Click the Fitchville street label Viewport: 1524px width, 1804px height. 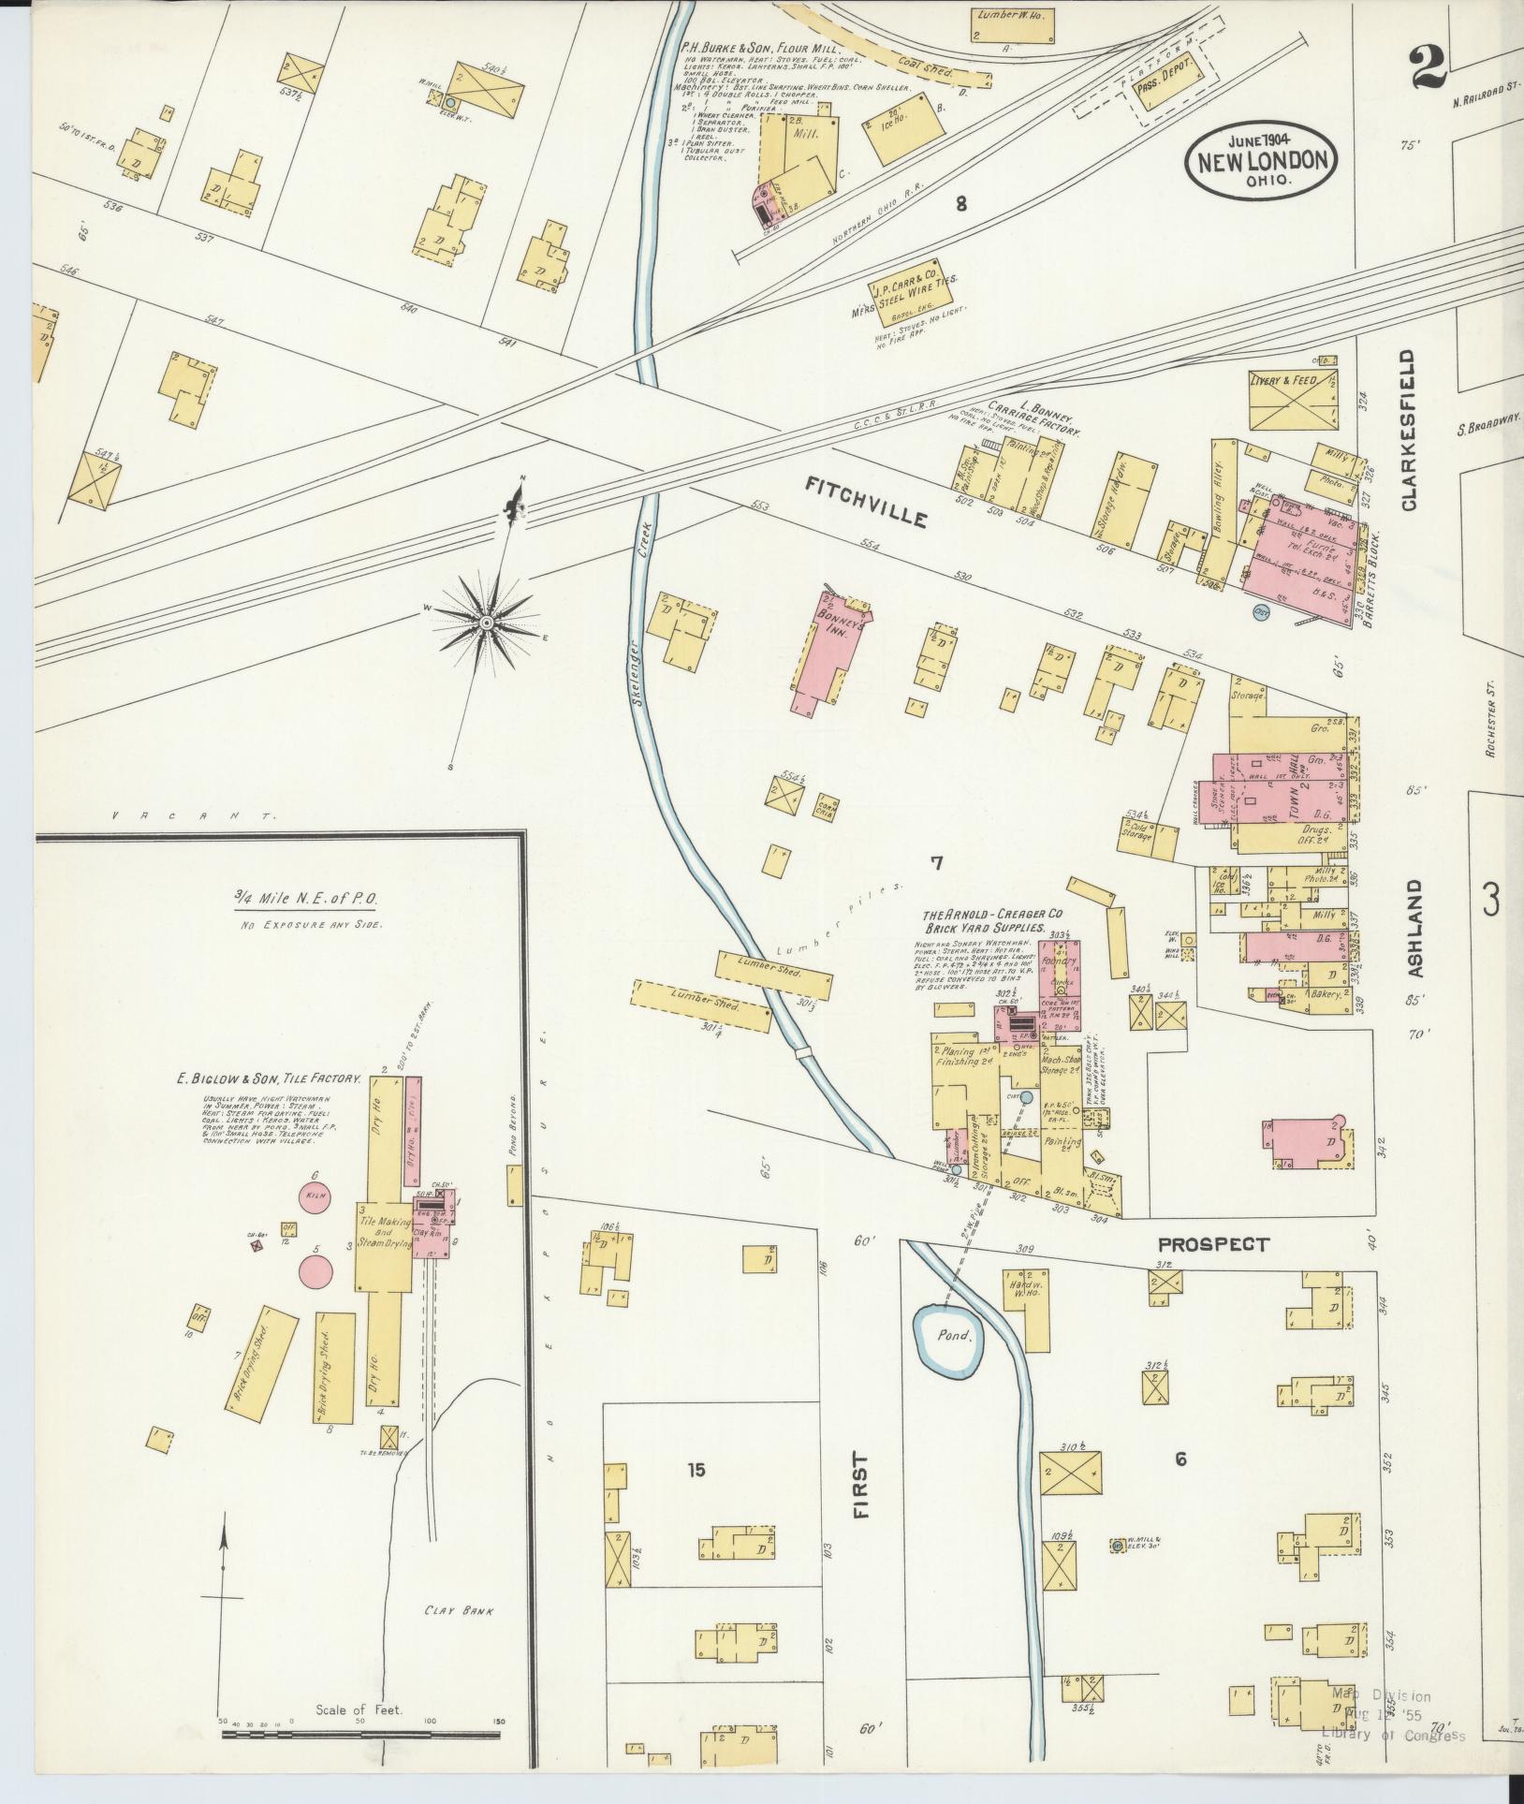(x=866, y=501)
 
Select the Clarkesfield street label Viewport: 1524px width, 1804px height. (x=1408, y=432)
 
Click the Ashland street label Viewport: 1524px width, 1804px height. (x=1414, y=929)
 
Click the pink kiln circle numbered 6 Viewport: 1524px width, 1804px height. (x=315, y=1196)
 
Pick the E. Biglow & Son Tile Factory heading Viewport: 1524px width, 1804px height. (x=270, y=1078)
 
